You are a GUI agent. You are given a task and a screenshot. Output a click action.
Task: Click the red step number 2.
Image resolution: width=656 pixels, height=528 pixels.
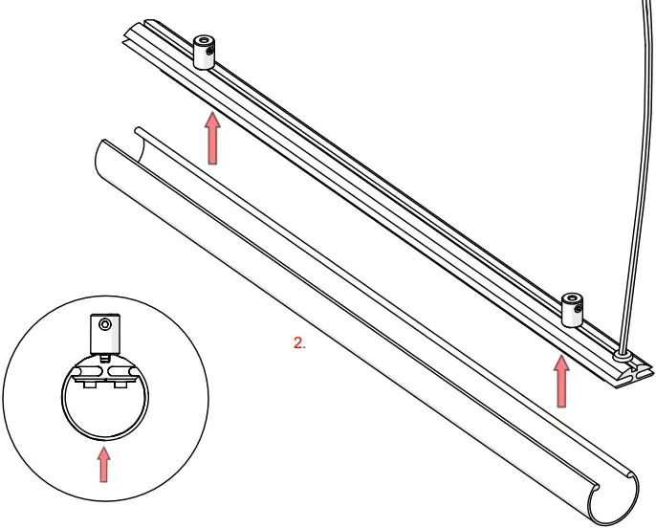299,342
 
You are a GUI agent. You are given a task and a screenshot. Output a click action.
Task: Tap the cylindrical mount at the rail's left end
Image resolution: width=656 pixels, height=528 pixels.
205,53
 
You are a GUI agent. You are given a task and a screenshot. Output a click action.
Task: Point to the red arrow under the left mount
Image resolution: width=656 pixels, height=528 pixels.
212,138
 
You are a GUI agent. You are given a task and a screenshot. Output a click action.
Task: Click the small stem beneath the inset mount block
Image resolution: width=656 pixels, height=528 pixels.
105,359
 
